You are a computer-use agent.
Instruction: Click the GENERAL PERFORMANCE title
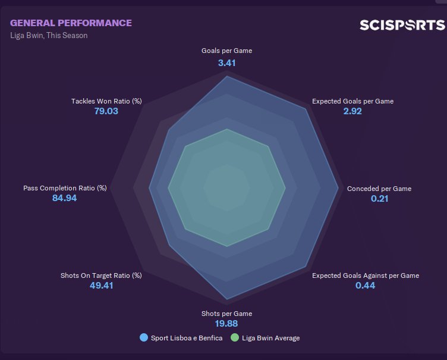[71, 23]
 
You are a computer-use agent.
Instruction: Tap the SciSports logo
[402, 25]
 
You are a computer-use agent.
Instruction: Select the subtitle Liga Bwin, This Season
[49, 36]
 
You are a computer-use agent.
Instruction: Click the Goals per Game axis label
[226, 51]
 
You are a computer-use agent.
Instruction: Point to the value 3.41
[226, 62]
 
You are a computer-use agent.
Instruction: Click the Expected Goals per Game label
[352, 101]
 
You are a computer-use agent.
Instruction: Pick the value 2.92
[352, 111]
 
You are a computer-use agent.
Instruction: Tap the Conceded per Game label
[379, 189]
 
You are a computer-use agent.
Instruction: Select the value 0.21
[379, 199]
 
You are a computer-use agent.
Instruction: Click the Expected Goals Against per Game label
[366, 276]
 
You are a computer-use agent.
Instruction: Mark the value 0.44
[365, 286]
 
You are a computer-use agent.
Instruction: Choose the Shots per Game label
[226, 314]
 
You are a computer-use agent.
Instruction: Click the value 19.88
[226, 324]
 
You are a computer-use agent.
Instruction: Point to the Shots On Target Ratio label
[101, 276]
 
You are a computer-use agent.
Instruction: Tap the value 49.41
[101, 286]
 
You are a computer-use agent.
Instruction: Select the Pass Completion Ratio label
[65, 188]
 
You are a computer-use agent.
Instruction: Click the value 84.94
[65, 198]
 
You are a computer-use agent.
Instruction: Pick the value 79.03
[106, 111]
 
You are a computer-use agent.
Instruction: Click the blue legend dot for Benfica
[143, 338]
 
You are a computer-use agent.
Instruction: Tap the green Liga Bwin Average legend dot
[234, 338]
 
